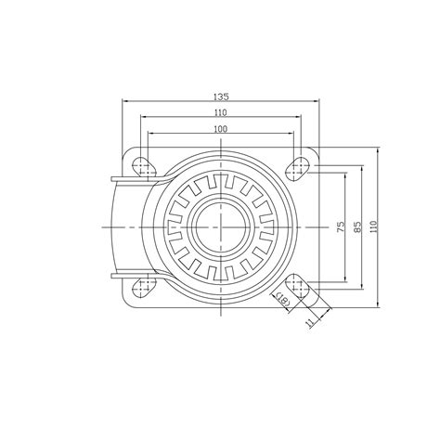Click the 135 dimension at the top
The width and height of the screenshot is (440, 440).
(x=220, y=96)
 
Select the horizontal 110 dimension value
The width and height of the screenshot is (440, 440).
(x=220, y=112)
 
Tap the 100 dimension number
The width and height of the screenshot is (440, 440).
(x=220, y=129)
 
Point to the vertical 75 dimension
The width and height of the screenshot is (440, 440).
(x=341, y=226)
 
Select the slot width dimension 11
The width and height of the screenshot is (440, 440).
(x=308, y=321)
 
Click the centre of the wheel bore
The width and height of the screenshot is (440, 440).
(x=221, y=226)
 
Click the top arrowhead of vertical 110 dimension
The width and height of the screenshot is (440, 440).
(x=380, y=149)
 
